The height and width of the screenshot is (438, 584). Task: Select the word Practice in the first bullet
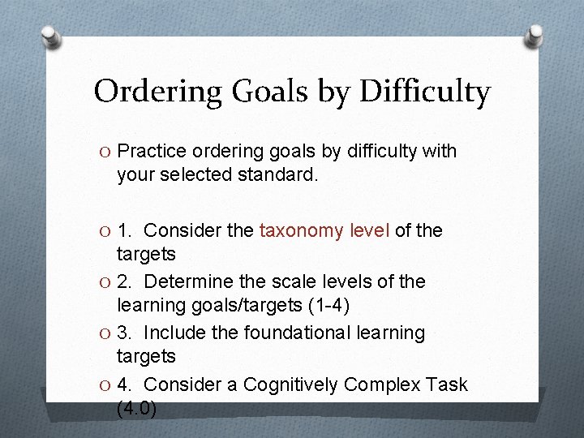(151, 151)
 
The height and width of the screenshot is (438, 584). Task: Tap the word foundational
(281, 333)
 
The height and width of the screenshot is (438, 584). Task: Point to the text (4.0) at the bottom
(136, 409)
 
